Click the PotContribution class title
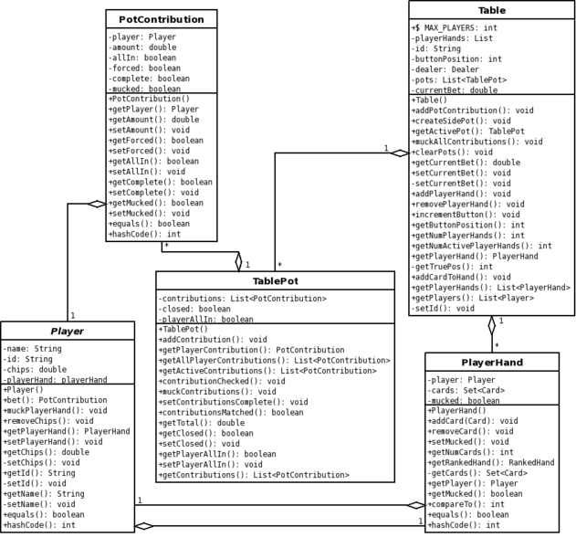[162, 19]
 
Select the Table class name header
[492, 10]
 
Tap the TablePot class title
[275, 281]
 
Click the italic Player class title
[68, 332]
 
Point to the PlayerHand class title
[492, 363]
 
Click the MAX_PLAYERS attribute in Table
[455, 28]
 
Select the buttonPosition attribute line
[456, 59]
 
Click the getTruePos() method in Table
[452, 267]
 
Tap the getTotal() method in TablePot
[202, 423]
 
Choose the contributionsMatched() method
[231, 413]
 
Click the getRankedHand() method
[491, 463]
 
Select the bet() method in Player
[55, 400]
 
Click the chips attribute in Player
[35, 370]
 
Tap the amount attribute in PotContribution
[142, 47]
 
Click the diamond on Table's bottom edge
[492, 325]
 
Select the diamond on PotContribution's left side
[97, 204]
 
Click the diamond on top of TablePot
[239, 262]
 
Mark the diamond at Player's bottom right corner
[144, 526]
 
